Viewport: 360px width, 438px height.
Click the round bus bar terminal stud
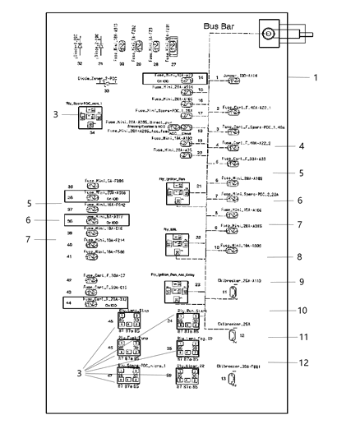click(269, 35)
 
